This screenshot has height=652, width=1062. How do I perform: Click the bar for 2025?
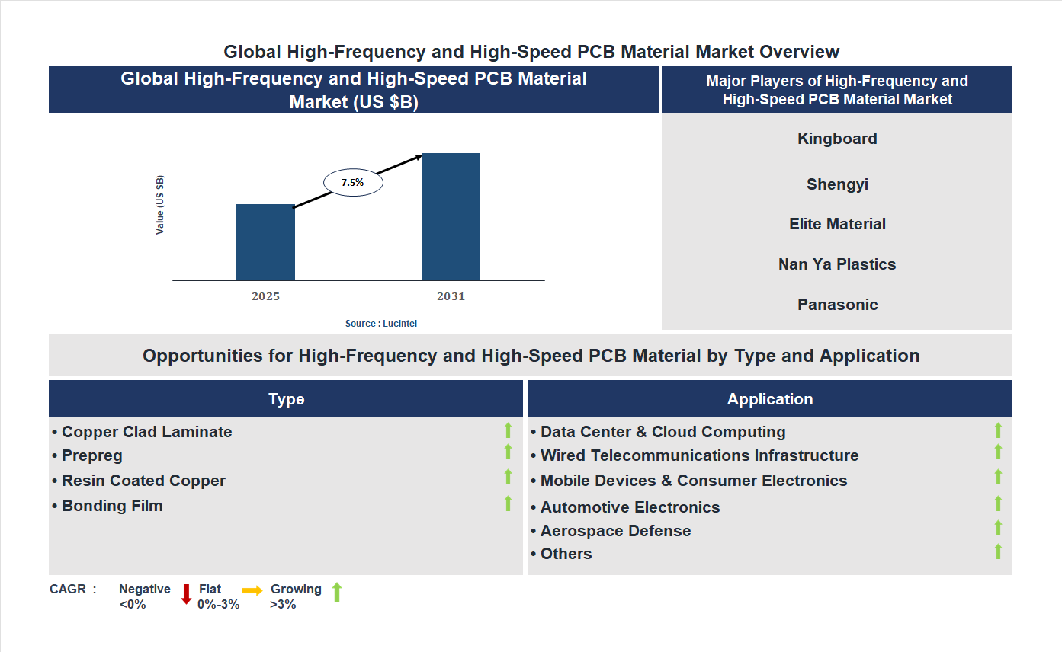[265, 242]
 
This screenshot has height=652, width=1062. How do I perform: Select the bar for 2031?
[451, 217]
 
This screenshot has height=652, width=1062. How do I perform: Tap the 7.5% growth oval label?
[352, 183]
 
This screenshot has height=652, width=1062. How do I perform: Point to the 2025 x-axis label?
[265, 296]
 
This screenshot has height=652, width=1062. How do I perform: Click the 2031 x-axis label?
[451, 296]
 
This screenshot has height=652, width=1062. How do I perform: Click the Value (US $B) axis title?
[160, 205]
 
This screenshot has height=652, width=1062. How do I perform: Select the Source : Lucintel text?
[381, 324]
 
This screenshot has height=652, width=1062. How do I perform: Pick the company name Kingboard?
[837, 139]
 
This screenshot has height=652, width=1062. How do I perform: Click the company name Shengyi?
[837, 184]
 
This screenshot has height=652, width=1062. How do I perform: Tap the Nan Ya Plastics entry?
[837, 264]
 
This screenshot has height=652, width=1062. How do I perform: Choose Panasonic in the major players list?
[837, 305]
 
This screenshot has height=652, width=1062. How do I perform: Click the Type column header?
[286, 399]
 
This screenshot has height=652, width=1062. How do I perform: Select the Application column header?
[769, 399]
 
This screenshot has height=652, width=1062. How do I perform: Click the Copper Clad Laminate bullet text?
[146, 432]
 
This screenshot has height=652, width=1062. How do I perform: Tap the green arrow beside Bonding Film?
[508, 503]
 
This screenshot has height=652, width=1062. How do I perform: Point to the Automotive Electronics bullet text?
[630, 507]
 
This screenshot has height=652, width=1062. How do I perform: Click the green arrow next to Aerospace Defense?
[998, 528]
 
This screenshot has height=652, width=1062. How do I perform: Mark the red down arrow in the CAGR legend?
[186, 594]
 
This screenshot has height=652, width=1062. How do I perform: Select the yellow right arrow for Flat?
[252, 591]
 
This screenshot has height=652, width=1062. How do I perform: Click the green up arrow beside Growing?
[337, 592]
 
